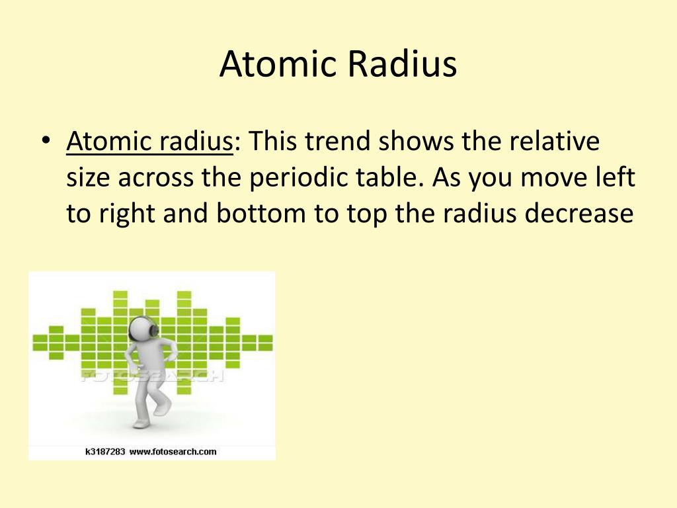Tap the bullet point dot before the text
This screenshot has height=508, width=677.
pyautogui.click(x=45, y=142)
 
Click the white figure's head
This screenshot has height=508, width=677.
pyautogui.click(x=140, y=329)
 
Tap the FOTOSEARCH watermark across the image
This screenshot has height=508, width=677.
pyautogui.click(x=152, y=376)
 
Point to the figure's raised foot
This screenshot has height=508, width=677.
pyautogui.click(x=163, y=406)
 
